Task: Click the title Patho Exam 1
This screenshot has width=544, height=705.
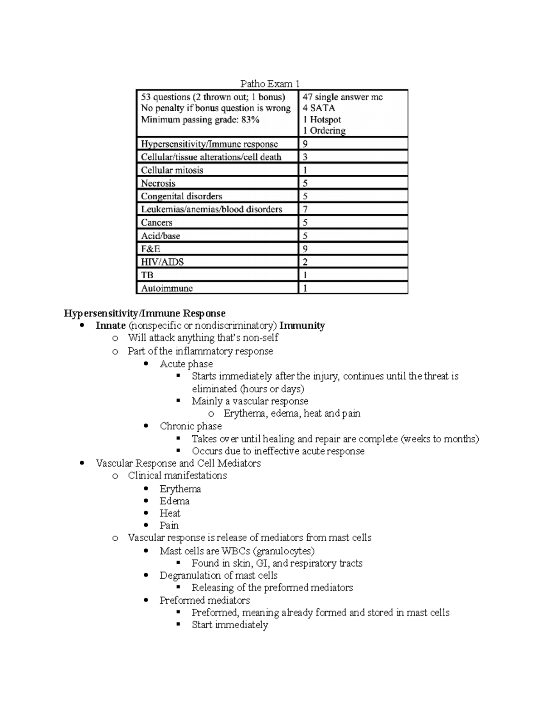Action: [270, 84]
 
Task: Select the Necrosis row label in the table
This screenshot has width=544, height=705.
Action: [158, 183]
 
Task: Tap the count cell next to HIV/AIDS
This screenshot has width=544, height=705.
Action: [306, 262]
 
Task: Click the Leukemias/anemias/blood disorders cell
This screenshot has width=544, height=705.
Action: [211, 209]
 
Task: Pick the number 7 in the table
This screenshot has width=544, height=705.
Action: [306, 209]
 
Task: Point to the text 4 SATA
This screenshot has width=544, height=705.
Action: [319, 108]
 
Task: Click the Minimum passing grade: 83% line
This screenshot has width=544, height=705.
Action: [200, 120]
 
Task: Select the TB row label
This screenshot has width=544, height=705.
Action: [147, 275]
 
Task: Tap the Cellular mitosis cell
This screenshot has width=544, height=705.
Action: [172, 170]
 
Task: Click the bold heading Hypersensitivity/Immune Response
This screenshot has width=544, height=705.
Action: [145, 313]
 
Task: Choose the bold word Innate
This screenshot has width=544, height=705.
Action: [111, 325]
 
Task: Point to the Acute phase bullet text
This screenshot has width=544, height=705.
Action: [186, 364]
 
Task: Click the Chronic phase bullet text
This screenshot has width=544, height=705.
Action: [190, 426]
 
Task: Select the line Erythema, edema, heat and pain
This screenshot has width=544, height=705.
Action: [291, 414]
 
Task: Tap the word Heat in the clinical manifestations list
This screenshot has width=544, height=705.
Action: [170, 513]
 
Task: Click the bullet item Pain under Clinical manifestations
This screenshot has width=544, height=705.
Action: [169, 526]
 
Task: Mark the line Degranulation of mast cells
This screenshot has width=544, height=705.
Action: [218, 576]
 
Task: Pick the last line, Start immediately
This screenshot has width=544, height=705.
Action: [229, 625]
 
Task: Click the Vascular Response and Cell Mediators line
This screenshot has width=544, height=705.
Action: [178, 463]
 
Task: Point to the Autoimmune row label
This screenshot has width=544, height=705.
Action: [167, 288]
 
